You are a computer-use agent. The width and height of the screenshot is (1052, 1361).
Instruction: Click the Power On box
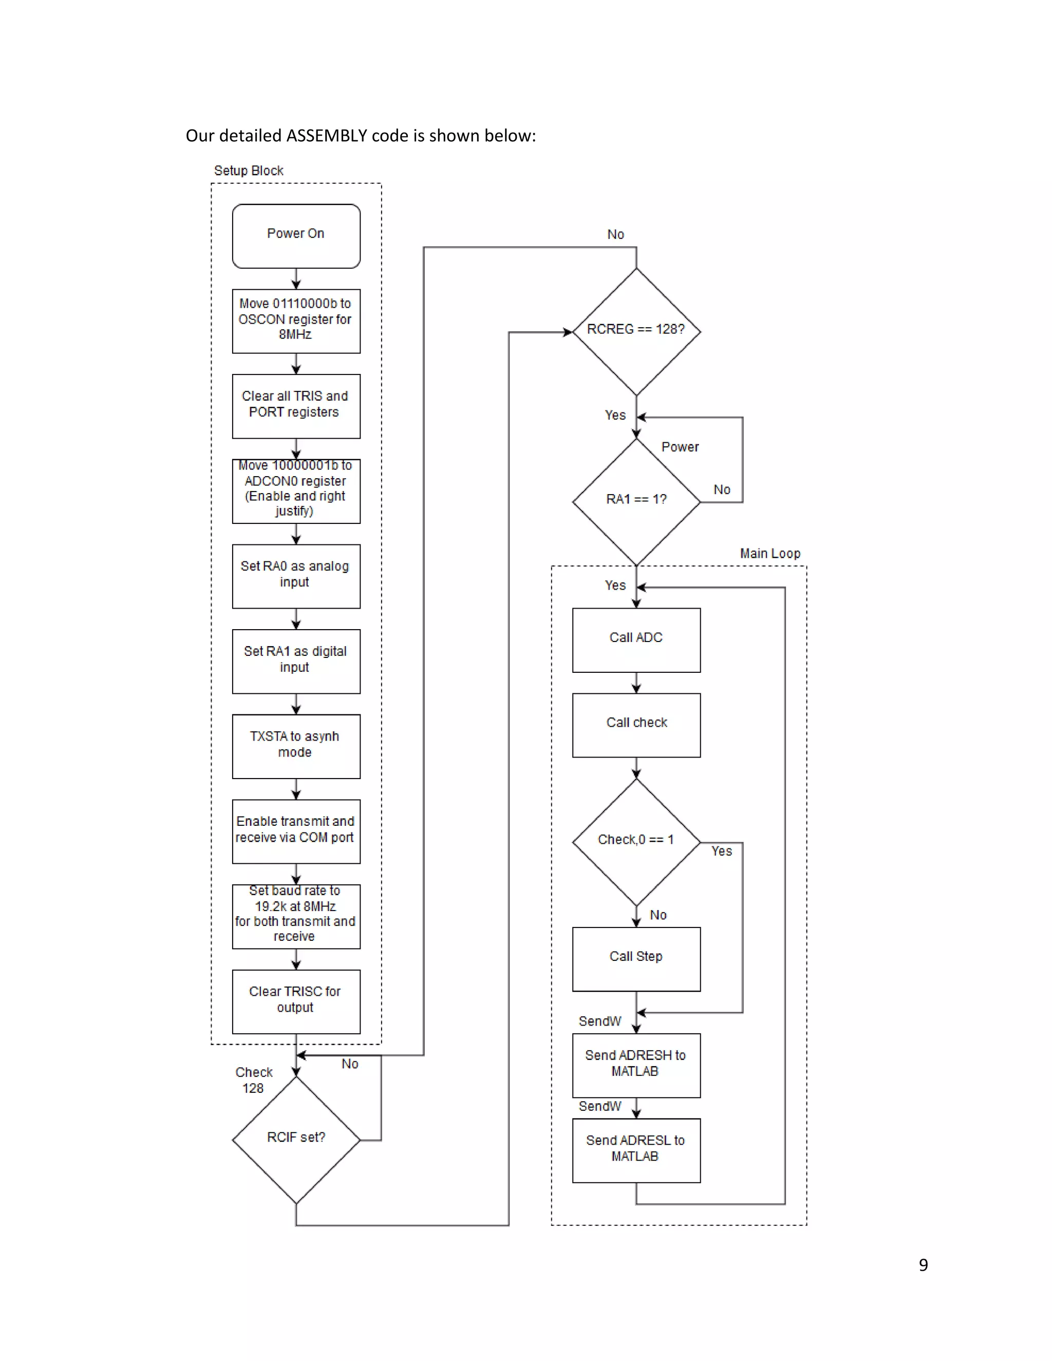click(296, 236)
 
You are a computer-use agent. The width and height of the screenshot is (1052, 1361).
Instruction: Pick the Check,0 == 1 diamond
click(636, 841)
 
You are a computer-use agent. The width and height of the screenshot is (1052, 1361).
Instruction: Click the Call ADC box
click(636, 639)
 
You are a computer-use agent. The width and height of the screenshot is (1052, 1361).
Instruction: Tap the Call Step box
click(636, 958)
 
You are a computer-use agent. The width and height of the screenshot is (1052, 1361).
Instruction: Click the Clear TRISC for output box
click(296, 1001)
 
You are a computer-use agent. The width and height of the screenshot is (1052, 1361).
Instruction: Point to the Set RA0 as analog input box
click(296, 575)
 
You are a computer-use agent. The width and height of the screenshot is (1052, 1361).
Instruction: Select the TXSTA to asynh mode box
click(296, 745)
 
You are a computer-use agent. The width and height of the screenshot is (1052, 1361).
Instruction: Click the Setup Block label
click(249, 171)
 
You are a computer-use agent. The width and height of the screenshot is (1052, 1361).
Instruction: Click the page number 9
click(923, 1265)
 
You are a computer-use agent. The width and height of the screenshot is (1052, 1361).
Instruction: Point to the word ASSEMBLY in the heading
click(326, 136)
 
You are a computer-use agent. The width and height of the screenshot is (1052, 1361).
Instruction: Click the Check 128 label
click(254, 1080)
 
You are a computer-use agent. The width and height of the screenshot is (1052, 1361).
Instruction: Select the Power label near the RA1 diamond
click(680, 447)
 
